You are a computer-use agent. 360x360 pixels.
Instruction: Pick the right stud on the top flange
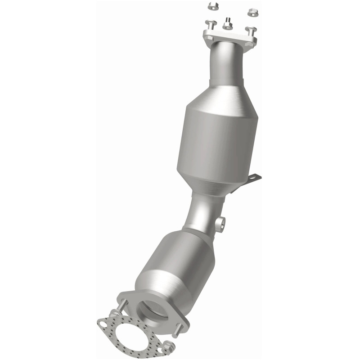tap(250, 31)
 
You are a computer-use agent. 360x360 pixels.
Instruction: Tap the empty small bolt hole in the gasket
tap(104, 322)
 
